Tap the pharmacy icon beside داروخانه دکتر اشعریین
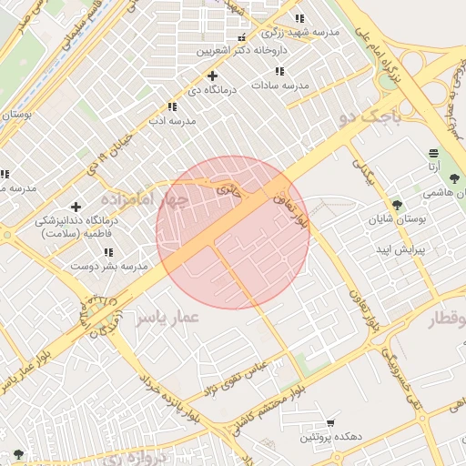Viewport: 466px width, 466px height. (241, 38)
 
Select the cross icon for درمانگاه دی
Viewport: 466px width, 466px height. (212, 76)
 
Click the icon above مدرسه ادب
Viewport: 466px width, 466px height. (172, 107)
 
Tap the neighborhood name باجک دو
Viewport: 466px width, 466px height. (369, 116)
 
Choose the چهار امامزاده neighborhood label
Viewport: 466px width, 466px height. (145, 198)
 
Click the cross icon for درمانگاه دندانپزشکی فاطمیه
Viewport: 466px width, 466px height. (76, 207)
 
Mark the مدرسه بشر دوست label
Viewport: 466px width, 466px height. (109, 267)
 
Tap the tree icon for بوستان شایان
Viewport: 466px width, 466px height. (396, 205)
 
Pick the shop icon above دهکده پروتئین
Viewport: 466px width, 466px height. (329, 423)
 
